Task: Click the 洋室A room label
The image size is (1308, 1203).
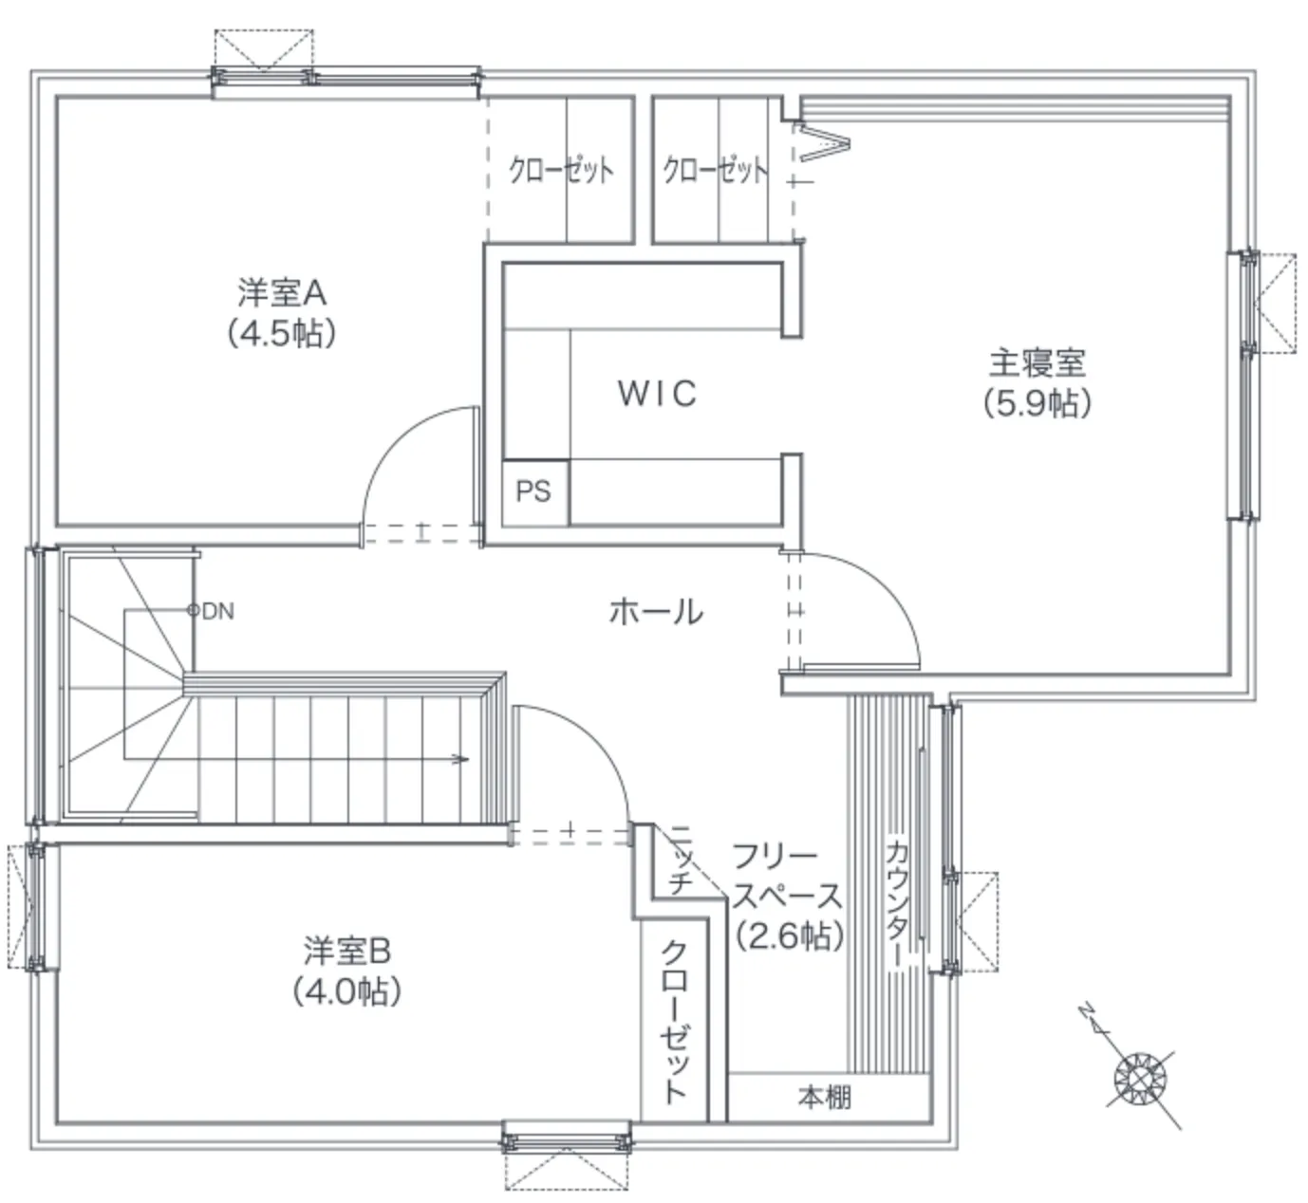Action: (282, 293)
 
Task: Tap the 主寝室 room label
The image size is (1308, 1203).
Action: (1037, 363)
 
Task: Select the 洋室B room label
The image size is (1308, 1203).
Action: (346, 951)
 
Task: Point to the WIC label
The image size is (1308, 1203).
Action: (657, 393)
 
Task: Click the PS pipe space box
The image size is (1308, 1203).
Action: (534, 492)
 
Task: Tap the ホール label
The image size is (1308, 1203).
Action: (657, 612)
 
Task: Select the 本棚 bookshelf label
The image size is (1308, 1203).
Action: (825, 1098)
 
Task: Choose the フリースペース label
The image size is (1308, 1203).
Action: (787, 877)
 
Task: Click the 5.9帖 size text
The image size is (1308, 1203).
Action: (1037, 403)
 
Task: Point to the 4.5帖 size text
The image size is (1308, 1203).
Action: (282, 334)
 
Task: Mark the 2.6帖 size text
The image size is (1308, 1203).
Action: (790, 935)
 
